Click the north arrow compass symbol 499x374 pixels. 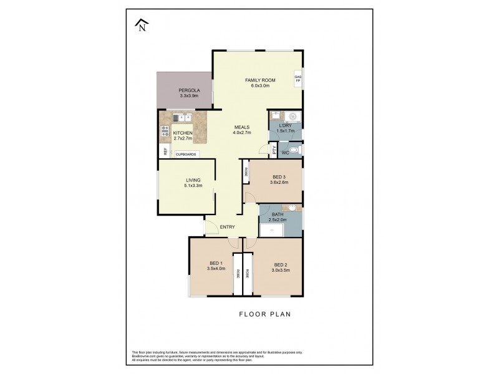(142, 25)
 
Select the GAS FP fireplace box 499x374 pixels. (298, 79)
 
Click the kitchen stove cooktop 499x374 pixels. (165, 131)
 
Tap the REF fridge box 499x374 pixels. (165, 151)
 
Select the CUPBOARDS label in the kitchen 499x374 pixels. (186, 154)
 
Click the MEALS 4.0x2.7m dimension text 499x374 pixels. (242, 132)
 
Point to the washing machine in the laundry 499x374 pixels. (294, 117)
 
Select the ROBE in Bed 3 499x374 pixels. (246, 171)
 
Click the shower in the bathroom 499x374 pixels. (272, 231)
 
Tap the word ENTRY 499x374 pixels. (227, 227)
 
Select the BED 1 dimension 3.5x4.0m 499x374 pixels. (216, 269)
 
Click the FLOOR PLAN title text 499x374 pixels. (264, 314)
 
